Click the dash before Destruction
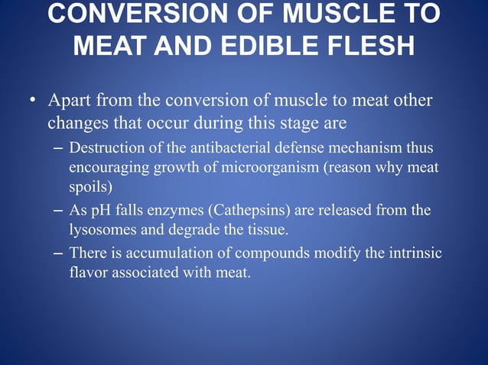click(59, 146)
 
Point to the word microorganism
click(277, 166)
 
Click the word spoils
click(88, 186)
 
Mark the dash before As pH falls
click(59, 209)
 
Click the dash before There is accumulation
click(59, 252)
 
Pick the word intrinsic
click(414, 252)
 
